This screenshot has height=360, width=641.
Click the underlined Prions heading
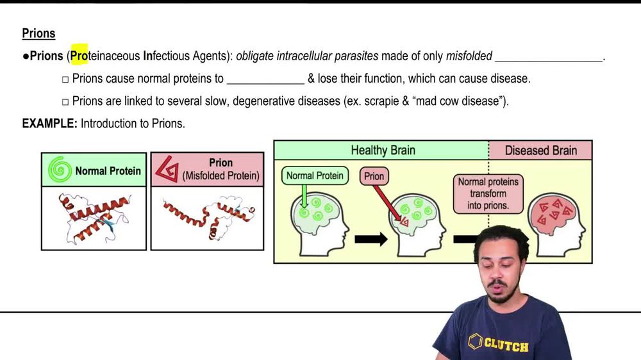(x=38, y=33)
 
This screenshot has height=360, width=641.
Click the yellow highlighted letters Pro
(x=79, y=55)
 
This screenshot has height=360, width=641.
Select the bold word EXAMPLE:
(x=49, y=124)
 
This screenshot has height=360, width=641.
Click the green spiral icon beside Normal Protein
(x=60, y=169)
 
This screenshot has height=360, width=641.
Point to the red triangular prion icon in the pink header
(x=167, y=168)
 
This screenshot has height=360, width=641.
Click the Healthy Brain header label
(x=383, y=151)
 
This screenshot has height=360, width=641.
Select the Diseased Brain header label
(x=541, y=151)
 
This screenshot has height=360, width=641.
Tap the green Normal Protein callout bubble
(x=315, y=176)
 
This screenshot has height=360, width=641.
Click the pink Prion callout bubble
(x=374, y=176)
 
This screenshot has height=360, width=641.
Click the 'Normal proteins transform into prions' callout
(x=488, y=193)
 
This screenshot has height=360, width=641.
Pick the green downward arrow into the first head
(x=304, y=196)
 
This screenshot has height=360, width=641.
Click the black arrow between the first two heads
(x=370, y=239)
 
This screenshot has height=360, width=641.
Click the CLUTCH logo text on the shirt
(x=506, y=344)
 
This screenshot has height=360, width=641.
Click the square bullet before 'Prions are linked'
(x=65, y=102)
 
